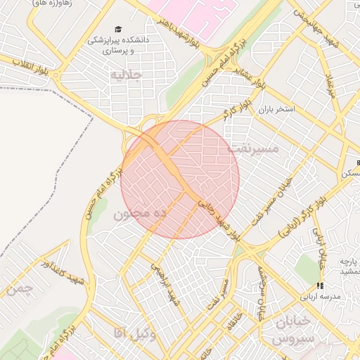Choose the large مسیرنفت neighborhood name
click(254, 149)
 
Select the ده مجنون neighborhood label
click(139, 212)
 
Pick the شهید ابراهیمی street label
click(164, 284)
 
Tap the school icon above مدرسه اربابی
click(320, 285)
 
